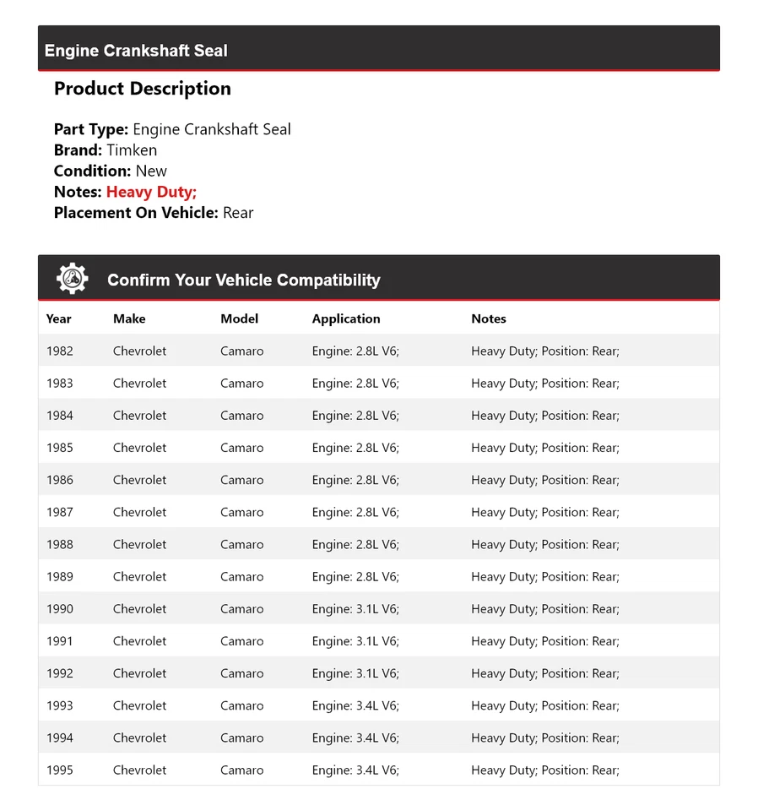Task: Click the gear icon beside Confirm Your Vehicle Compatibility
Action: click(x=73, y=279)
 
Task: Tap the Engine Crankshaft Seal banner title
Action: click(x=136, y=51)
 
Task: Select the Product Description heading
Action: click(x=143, y=89)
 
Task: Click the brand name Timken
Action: click(x=132, y=150)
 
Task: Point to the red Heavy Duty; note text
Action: click(x=151, y=192)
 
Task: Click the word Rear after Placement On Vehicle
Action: click(x=238, y=213)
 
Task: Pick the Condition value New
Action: click(x=151, y=171)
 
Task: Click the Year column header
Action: click(x=59, y=318)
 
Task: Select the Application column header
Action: click(x=346, y=318)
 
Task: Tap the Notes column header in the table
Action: click(x=489, y=318)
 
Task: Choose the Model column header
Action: click(x=240, y=318)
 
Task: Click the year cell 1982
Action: click(x=60, y=351)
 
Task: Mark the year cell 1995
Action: click(x=60, y=770)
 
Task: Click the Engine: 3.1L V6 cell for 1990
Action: click(x=355, y=608)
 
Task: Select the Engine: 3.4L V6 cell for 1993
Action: click(x=355, y=705)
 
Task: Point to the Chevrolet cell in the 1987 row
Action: click(x=140, y=512)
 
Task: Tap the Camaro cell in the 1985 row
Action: click(x=242, y=448)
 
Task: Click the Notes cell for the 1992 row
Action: click(x=545, y=673)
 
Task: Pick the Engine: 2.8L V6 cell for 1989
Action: click(x=355, y=576)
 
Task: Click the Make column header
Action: click(x=129, y=318)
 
